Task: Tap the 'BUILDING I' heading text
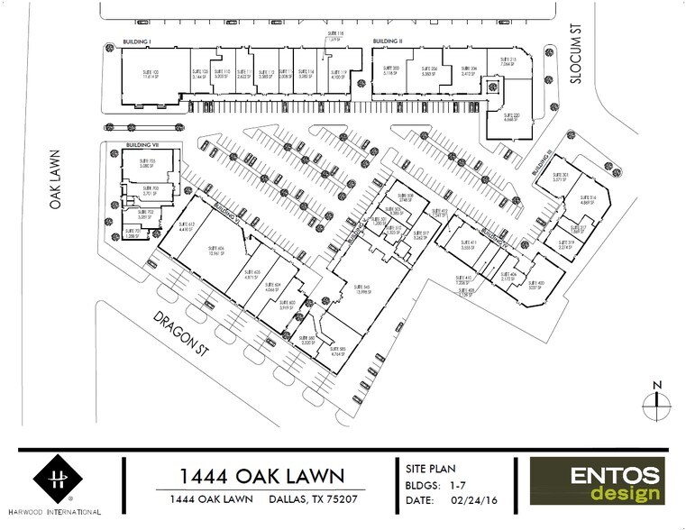[136, 41]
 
